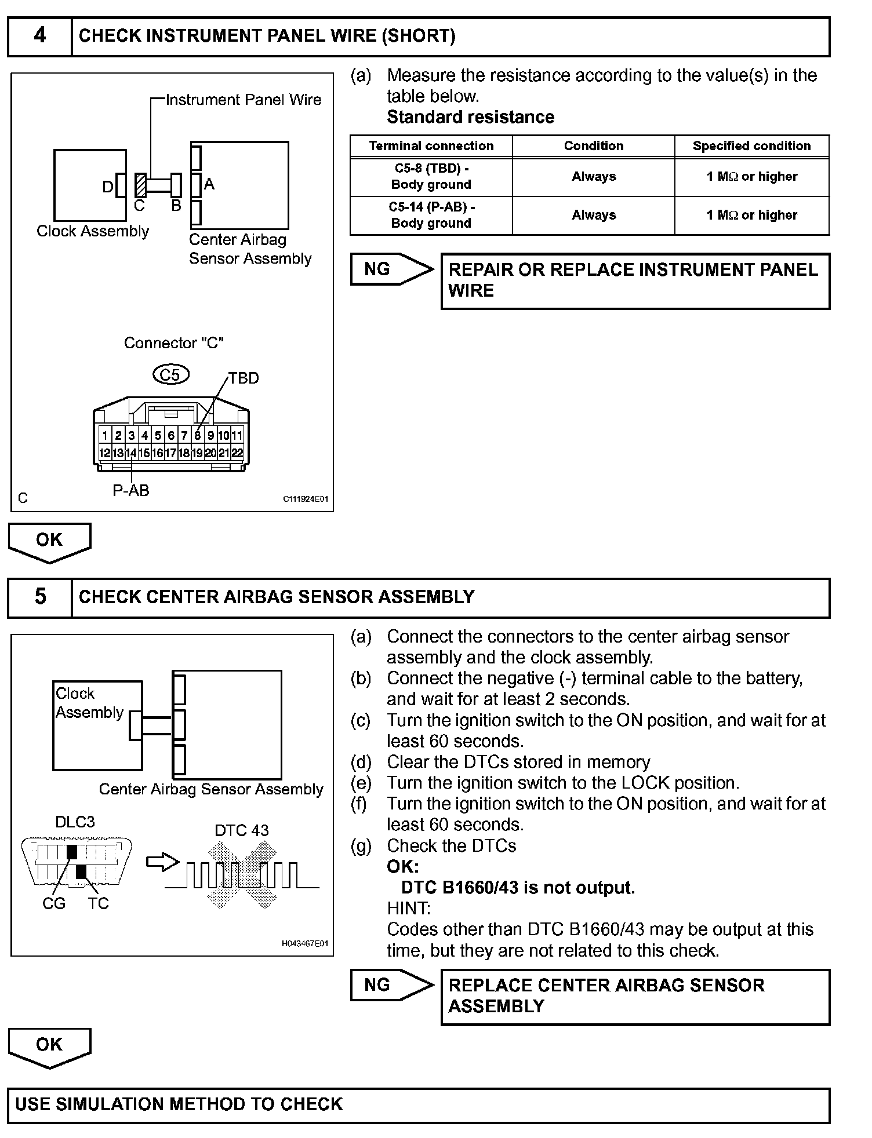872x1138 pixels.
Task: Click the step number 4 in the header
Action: pos(39,36)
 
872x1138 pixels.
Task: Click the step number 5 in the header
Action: pos(40,597)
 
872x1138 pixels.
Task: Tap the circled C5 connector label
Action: pos(170,374)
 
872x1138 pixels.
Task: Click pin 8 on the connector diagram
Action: pos(198,435)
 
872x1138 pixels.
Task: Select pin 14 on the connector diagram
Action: pos(132,453)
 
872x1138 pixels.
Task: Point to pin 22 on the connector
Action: pos(237,453)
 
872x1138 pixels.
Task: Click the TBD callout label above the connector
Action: pos(244,378)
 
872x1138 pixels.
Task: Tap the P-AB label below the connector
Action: pos(131,491)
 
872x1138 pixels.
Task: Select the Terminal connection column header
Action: pos(431,146)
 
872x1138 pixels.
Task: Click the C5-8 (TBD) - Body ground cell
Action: pos(431,177)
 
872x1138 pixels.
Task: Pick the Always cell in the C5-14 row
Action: pos(594,216)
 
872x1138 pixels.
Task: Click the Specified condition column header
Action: pos(751,146)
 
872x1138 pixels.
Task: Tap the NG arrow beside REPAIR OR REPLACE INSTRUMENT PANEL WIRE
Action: pos(391,269)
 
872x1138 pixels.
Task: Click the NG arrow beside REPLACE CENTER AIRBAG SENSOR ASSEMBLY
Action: pos(391,985)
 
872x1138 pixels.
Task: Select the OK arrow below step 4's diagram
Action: pos(49,541)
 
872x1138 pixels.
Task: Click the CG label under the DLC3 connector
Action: pos(54,903)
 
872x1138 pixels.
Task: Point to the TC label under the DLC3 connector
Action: pos(99,903)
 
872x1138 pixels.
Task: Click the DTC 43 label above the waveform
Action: pos(242,830)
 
